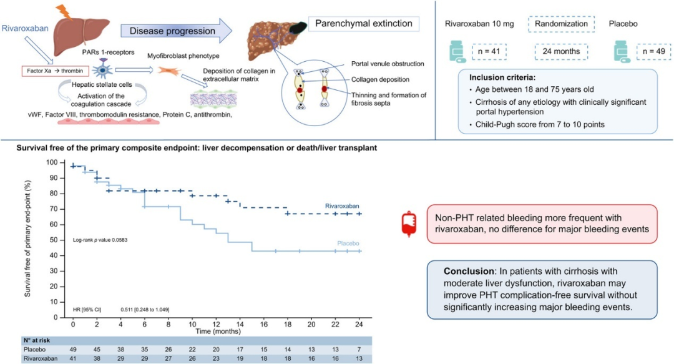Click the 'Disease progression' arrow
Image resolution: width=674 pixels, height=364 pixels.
point(176,31)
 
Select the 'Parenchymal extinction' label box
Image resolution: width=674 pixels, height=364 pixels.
point(364,24)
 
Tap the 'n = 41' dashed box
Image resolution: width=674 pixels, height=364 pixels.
point(489,52)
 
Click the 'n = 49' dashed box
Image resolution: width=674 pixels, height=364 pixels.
point(654,52)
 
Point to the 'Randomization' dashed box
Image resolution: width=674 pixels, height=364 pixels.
point(561,24)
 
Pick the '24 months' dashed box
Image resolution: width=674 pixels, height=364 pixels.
point(561,52)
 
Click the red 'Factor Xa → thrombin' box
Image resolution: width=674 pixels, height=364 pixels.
point(56,71)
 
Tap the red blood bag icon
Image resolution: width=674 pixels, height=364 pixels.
point(409,224)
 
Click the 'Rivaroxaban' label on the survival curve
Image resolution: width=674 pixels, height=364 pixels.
point(342,206)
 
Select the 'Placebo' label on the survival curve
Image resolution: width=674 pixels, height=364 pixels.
point(348,243)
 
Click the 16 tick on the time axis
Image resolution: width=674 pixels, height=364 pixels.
point(264,324)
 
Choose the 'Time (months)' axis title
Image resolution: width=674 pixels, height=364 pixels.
point(218,332)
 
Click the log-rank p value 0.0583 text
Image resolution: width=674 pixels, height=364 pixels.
point(100,240)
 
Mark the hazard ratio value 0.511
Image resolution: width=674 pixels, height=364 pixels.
point(127,309)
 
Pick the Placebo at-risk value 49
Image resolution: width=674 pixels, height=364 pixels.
point(73,350)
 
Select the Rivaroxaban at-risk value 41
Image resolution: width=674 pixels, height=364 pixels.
point(73,358)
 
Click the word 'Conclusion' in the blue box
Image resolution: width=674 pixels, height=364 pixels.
point(469,272)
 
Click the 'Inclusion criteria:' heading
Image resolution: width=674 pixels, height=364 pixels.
point(502,77)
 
